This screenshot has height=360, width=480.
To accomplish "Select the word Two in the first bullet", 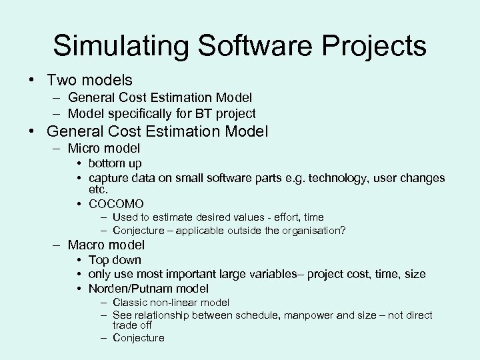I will pos(61,80).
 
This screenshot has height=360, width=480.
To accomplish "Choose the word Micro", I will pos(85,148).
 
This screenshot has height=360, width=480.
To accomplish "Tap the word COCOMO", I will pos(116,203).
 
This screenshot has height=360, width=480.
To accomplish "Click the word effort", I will pos(285,217).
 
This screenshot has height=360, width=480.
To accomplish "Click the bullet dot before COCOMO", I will pos(79,203).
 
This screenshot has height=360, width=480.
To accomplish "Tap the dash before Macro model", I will pos(58,245).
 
